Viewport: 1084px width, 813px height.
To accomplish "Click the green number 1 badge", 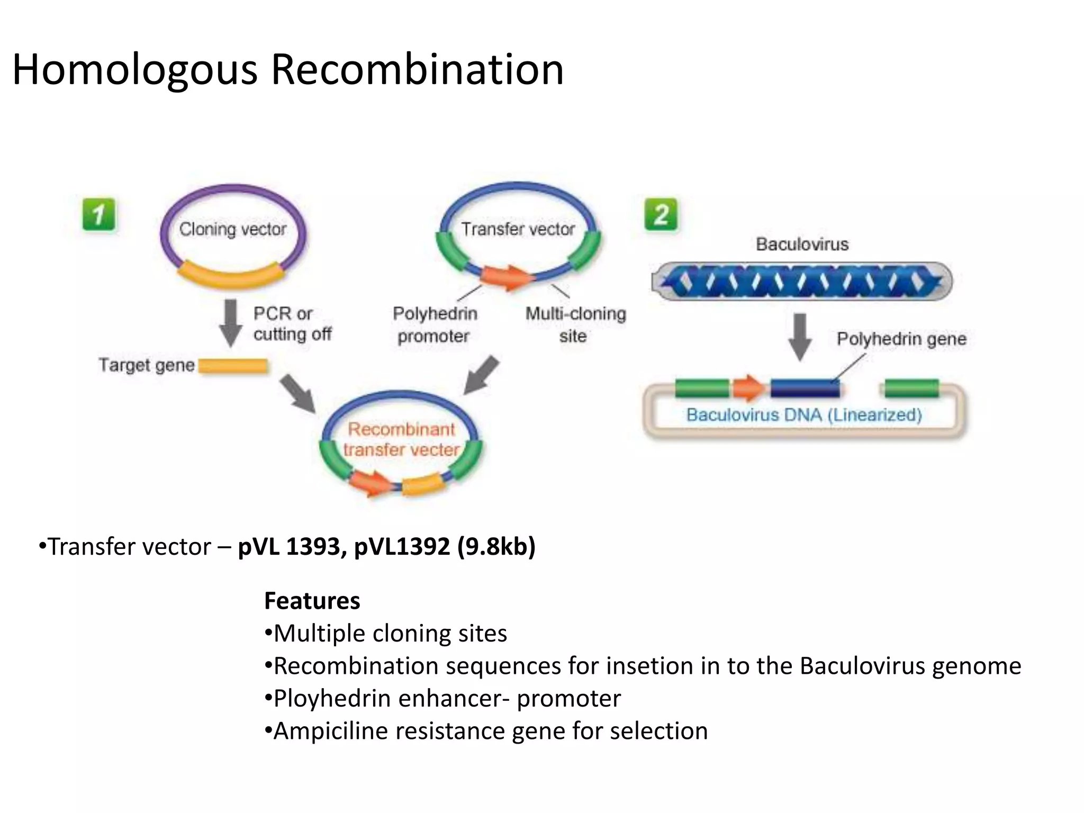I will tap(98, 215).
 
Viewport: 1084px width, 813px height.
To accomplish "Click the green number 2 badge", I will tap(661, 215).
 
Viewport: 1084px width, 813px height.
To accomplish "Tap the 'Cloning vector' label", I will tap(232, 229).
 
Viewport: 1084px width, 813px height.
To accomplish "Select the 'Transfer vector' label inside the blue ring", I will tap(518, 229).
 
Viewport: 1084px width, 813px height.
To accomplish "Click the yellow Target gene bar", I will tap(233, 366).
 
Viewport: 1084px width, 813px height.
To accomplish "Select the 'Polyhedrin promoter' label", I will tap(434, 324).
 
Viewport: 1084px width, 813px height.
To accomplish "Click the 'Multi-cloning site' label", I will tap(575, 324).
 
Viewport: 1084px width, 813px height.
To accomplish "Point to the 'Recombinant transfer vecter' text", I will tap(401, 439).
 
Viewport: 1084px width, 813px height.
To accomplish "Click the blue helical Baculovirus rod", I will tap(801, 281).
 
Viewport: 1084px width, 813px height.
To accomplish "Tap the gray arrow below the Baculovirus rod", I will tap(800, 337).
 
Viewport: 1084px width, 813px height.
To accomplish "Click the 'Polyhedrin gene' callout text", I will tap(901, 339).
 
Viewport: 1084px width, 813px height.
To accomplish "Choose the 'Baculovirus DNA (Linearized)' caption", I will tap(804, 414).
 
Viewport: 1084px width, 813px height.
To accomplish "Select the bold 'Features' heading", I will tap(312, 601).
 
